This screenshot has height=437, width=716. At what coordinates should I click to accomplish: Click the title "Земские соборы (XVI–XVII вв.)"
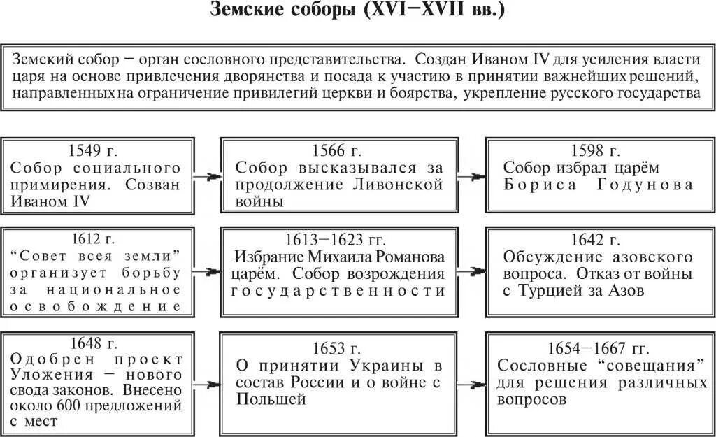pos(357,13)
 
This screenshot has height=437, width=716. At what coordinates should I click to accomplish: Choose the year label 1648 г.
pos(96,343)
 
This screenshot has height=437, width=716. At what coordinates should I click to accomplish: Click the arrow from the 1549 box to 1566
pos(208,177)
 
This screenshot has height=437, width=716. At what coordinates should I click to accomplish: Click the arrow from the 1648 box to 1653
pos(208,383)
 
